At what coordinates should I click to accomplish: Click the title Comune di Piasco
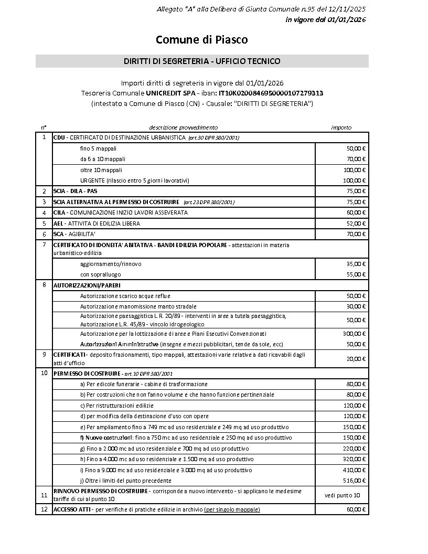202,40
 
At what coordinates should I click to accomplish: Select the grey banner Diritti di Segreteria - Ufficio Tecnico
202,61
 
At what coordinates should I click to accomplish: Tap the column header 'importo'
341,127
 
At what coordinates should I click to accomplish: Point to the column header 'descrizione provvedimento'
183,127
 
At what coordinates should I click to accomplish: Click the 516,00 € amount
356,481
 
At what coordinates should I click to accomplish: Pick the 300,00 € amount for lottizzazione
354,334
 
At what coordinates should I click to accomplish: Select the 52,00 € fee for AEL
356,223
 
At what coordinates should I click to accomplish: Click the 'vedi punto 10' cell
342,495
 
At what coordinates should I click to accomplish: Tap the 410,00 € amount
356,470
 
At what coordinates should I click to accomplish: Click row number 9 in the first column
44,354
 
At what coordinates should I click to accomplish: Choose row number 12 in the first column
44,509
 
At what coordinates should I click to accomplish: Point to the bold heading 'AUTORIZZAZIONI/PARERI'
87,285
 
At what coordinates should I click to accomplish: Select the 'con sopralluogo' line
101,274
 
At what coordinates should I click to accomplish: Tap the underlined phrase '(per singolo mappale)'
232,509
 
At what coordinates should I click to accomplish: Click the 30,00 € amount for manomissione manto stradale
356,306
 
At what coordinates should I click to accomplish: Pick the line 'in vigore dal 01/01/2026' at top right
325,20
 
